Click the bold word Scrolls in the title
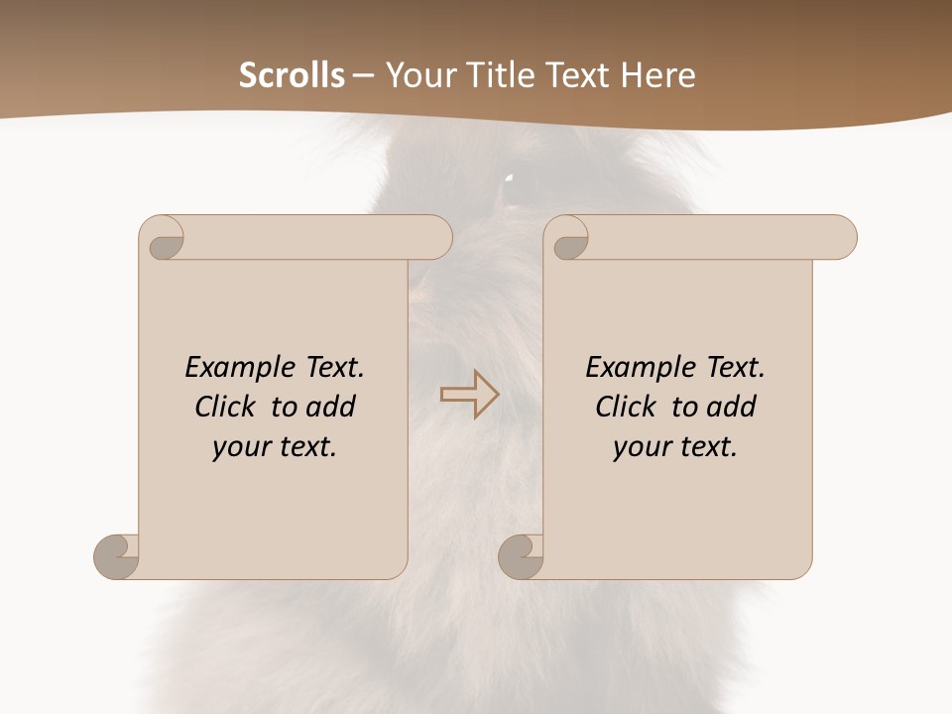pos(292,75)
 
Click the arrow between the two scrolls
pos(469,395)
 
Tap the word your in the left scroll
pos(238,447)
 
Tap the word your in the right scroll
pos(639,447)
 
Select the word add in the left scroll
pos(333,407)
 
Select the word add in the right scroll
pos(734,407)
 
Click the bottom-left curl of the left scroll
pos(116,555)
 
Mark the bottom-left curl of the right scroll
pos(521,555)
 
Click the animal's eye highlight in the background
pos(509,178)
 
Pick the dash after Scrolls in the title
pos(363,75)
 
